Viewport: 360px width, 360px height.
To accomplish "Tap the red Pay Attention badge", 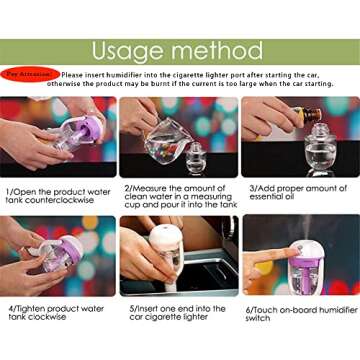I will [x=30, y=74].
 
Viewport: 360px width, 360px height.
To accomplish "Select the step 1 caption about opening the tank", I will [x=58, y=195].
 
